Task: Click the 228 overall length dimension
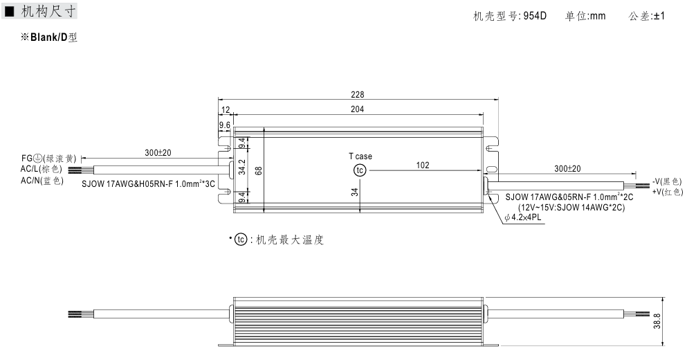point(357,95)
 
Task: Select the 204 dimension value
point(357,109)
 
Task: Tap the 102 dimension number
point(423,165)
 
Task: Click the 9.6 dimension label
point(225,125)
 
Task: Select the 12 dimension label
point(226,109)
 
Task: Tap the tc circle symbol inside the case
point(359,170)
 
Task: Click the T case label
point(360,156)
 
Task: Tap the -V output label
point(667,181)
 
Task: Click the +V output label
point(667,191)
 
